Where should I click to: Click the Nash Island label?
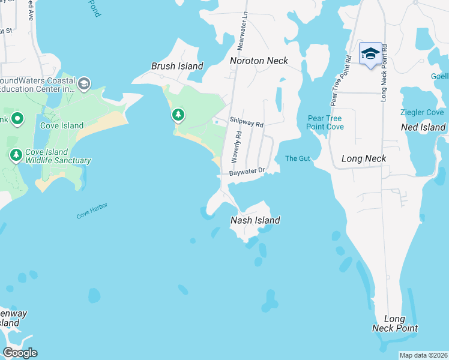[255, 220]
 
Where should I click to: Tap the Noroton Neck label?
[259, 61]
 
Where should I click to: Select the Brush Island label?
[177, 66]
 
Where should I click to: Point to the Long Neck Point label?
[394, 323]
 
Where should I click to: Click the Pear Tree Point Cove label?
[325, 122]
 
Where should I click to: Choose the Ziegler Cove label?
[423, 113]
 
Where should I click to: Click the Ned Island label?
[424, 127]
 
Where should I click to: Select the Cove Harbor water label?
[92, 210]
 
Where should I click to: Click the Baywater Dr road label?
[247, 172]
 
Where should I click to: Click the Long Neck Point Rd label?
[384, 72]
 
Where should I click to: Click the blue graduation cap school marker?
[370, 53]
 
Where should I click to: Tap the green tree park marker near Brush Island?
[178, 114]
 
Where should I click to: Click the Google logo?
[20, 353]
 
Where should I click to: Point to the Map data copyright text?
[423, 355]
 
